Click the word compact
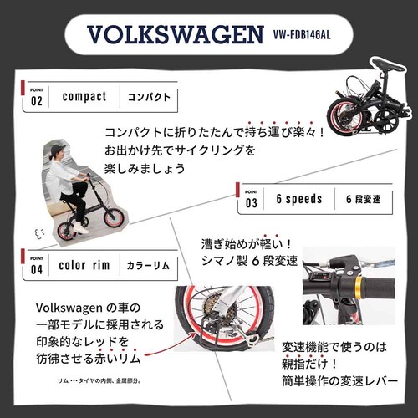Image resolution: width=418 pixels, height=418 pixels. coord(84,97)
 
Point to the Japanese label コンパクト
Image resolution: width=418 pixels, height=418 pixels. coord(149,97)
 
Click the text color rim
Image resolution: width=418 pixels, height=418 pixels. coord(84,265)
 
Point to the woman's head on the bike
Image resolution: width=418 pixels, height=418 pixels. coord(57,153)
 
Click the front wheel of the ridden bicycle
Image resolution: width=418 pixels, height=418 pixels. coord(110,221)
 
